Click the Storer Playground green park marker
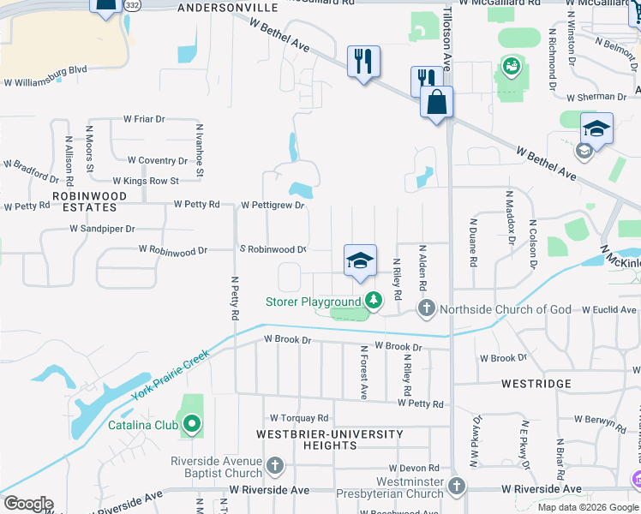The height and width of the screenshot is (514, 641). click(x=373, y=301)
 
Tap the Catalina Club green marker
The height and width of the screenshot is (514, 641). click(x=193, y=424)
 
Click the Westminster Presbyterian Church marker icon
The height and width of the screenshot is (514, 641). click(x=457, y=487)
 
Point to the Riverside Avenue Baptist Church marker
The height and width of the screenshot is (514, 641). click(x=275, y=466)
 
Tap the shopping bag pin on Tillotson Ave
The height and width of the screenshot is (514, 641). click(x=436, y=103)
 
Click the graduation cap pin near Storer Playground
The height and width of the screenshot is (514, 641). click(x=360, y=261)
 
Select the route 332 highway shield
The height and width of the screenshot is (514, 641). click(x=131, y=6)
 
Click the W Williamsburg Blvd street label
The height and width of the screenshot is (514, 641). click(x=46, y=83)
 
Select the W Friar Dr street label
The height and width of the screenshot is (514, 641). click(x=144, y=119)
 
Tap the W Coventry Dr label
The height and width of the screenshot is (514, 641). click(x=157, y=160)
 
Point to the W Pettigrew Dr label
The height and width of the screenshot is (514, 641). click(x=273, y=206)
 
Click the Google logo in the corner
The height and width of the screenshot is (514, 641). click(x=28, y=504)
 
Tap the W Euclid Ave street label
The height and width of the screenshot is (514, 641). click(x=609, y=309)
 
